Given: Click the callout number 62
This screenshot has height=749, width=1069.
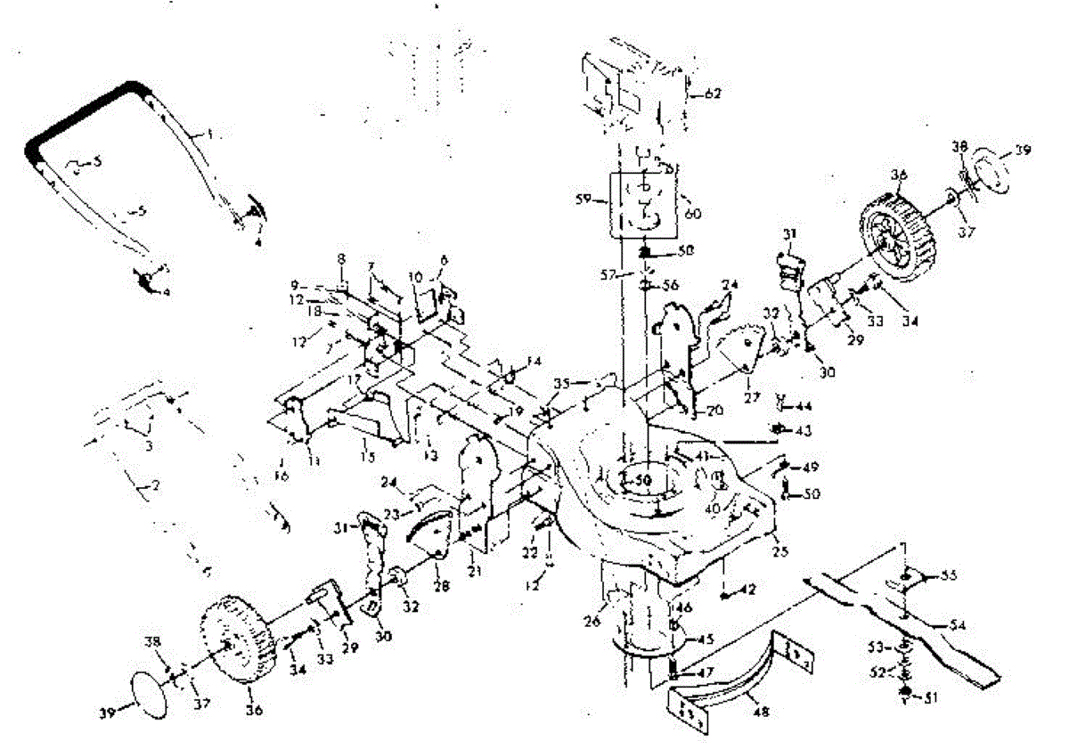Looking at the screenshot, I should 713,93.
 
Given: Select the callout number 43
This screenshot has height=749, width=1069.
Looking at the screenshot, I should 804,429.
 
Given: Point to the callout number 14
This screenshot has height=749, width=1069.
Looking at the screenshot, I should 534,362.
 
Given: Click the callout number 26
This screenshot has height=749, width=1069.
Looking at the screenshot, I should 599,608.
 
